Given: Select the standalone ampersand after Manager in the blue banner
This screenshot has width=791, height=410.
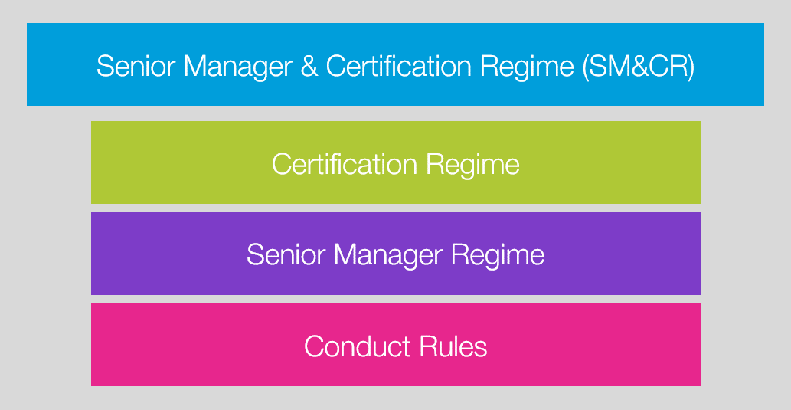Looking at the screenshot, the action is click(x=309, y=66).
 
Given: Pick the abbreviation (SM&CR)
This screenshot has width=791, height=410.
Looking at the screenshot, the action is click(x=639, y=66).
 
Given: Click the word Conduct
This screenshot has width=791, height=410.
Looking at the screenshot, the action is click(x=357, y=346).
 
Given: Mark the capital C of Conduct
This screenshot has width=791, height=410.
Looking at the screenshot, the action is click(x=315, y=346).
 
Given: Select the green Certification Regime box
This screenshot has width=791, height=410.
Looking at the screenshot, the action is click(x=395, y=162).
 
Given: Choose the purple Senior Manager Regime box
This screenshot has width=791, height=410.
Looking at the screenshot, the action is click(x=395, y=254).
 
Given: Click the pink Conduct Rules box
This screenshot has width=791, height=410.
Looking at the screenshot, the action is click(x=395, y=345).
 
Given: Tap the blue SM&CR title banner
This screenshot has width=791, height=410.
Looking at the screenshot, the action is click(x=395, y=64).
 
